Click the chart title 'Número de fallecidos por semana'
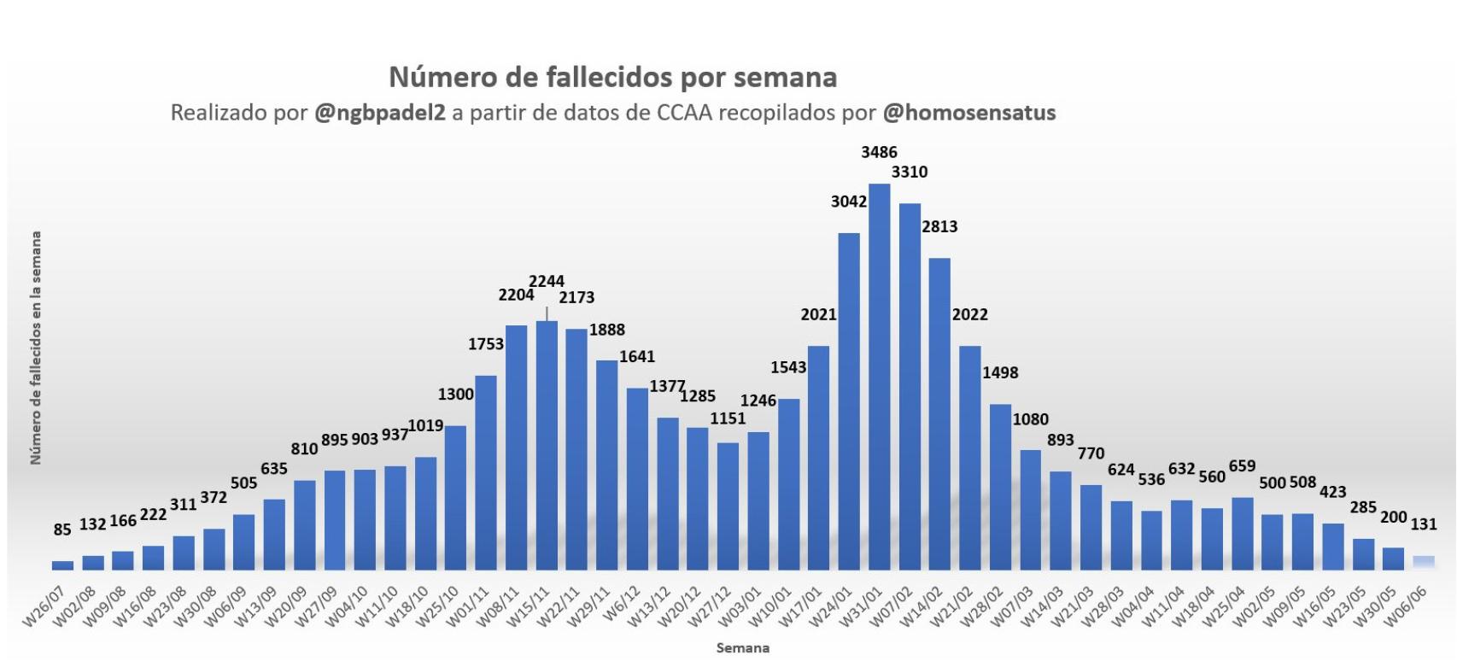point(612,77)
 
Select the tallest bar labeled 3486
point(879,376)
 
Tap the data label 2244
point(547,281)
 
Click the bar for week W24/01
point(849,401)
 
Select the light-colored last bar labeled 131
point(1424,562)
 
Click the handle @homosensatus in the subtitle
point(968,113)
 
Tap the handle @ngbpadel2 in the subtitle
point(379,113)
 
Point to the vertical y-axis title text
point(36,348)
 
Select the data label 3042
point(849,202)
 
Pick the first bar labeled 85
point(62,565)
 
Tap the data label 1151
point(728,418)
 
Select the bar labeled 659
point(1243,533)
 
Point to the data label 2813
point(939,226)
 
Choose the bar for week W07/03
point(1031,510)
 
